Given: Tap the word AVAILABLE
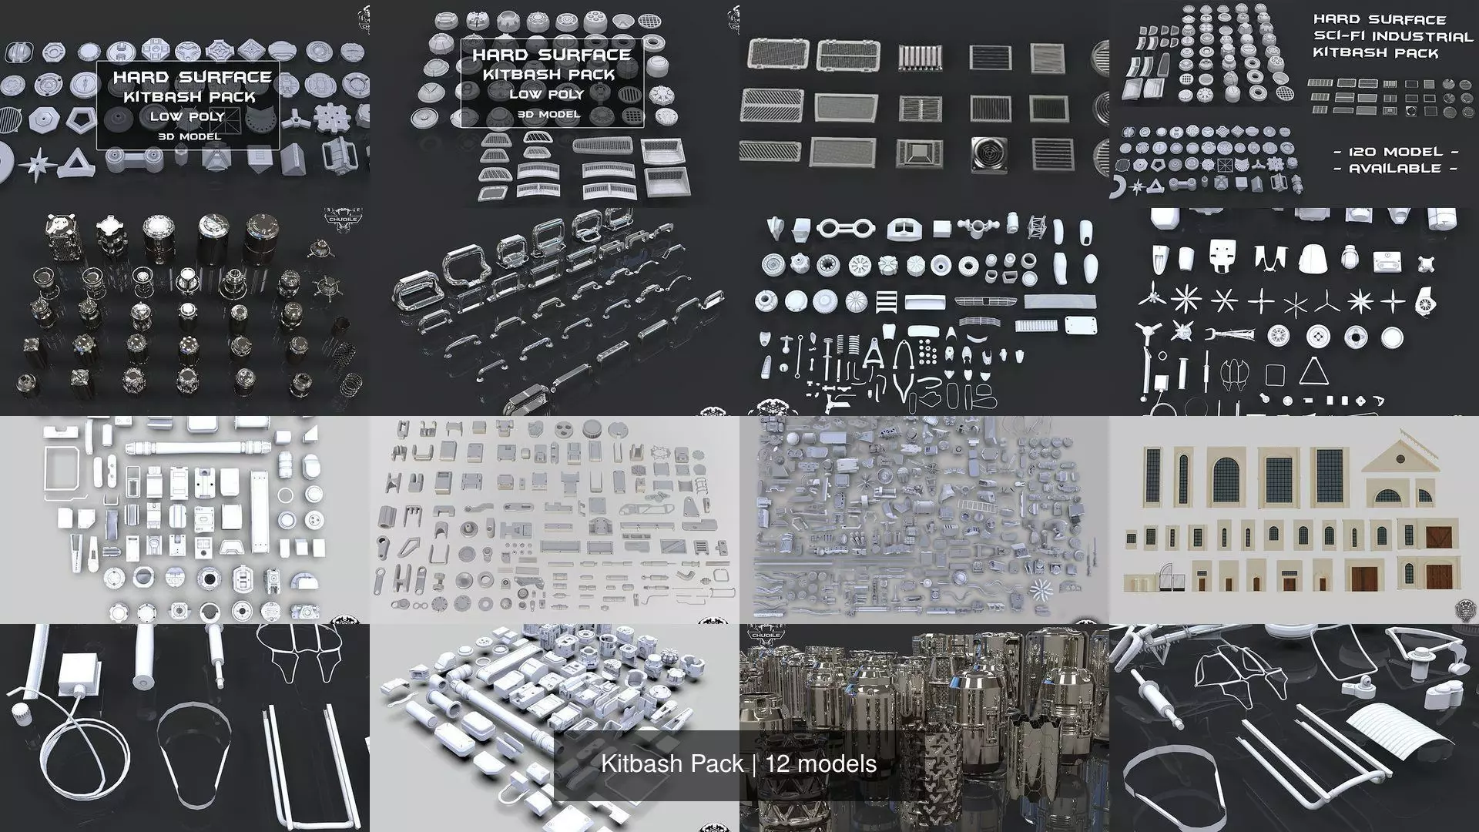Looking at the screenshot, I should pos(1395,168).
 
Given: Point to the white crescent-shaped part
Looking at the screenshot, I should pos(1122,186).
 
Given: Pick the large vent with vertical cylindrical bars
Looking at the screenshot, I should pos(921,57).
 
